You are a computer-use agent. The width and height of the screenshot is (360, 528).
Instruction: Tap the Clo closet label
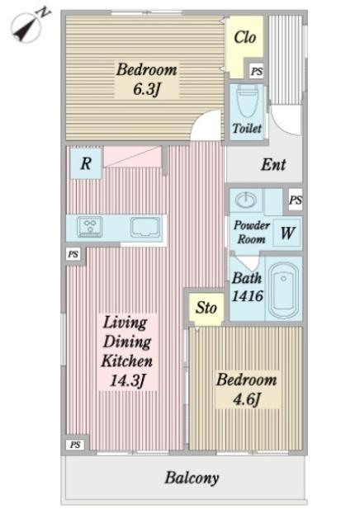point(244,38)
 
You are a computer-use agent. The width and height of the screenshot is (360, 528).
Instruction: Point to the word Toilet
point(246,129)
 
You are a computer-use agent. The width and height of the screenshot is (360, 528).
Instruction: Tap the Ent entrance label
point(273,165)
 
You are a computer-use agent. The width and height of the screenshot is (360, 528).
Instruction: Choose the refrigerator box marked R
point(85,163)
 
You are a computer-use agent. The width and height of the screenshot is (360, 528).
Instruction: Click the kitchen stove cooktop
point(89,226)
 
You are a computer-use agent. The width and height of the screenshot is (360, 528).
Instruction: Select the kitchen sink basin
point(144,226)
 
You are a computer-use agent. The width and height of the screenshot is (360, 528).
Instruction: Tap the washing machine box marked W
point(287,232)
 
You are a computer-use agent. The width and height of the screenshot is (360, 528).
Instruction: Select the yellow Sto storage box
point(206,308)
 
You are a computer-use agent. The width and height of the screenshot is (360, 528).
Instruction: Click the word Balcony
point(191,478)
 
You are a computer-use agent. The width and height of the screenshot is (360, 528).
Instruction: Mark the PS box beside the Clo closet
point(256,72)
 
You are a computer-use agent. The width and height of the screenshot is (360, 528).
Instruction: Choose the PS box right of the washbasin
point(295,200)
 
